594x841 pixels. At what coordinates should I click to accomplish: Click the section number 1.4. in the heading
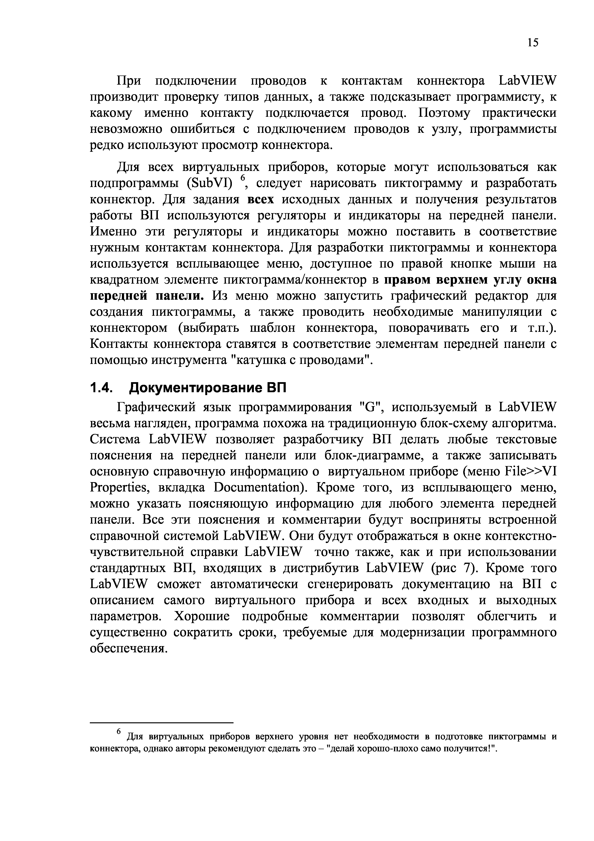101,387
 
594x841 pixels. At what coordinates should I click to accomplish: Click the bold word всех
261,200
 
